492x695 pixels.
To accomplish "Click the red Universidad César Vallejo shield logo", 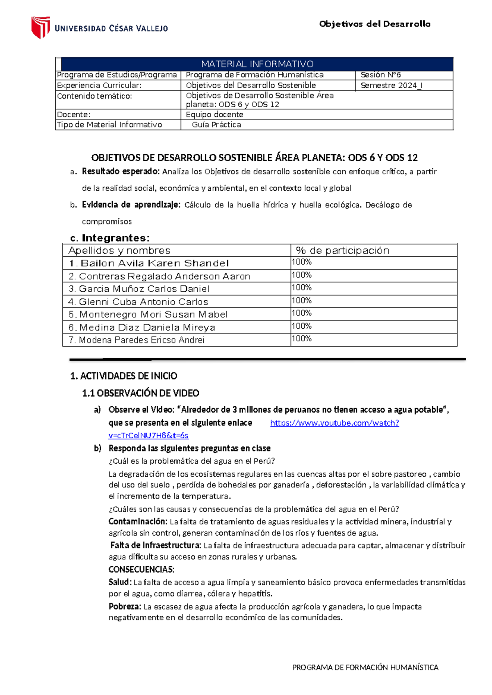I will [41, 27].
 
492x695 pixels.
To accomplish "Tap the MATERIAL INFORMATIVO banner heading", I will [257, 64].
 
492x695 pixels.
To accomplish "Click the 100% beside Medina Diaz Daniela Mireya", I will [302, 326].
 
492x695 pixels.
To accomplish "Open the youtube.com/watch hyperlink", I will [335, 423].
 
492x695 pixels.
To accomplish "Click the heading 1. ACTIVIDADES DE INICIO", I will [124, 376].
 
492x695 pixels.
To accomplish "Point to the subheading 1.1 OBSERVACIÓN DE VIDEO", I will [141, 393].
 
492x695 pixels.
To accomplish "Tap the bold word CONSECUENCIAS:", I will [141, 569].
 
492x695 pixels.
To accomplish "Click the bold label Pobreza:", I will [125, 606].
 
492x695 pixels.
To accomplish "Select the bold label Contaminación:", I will [138, 521].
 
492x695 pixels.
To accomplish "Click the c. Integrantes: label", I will [110, 238].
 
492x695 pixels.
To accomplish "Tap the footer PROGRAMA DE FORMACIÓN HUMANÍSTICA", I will [365, 668].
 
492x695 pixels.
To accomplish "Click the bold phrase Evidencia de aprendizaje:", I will [131, 205].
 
